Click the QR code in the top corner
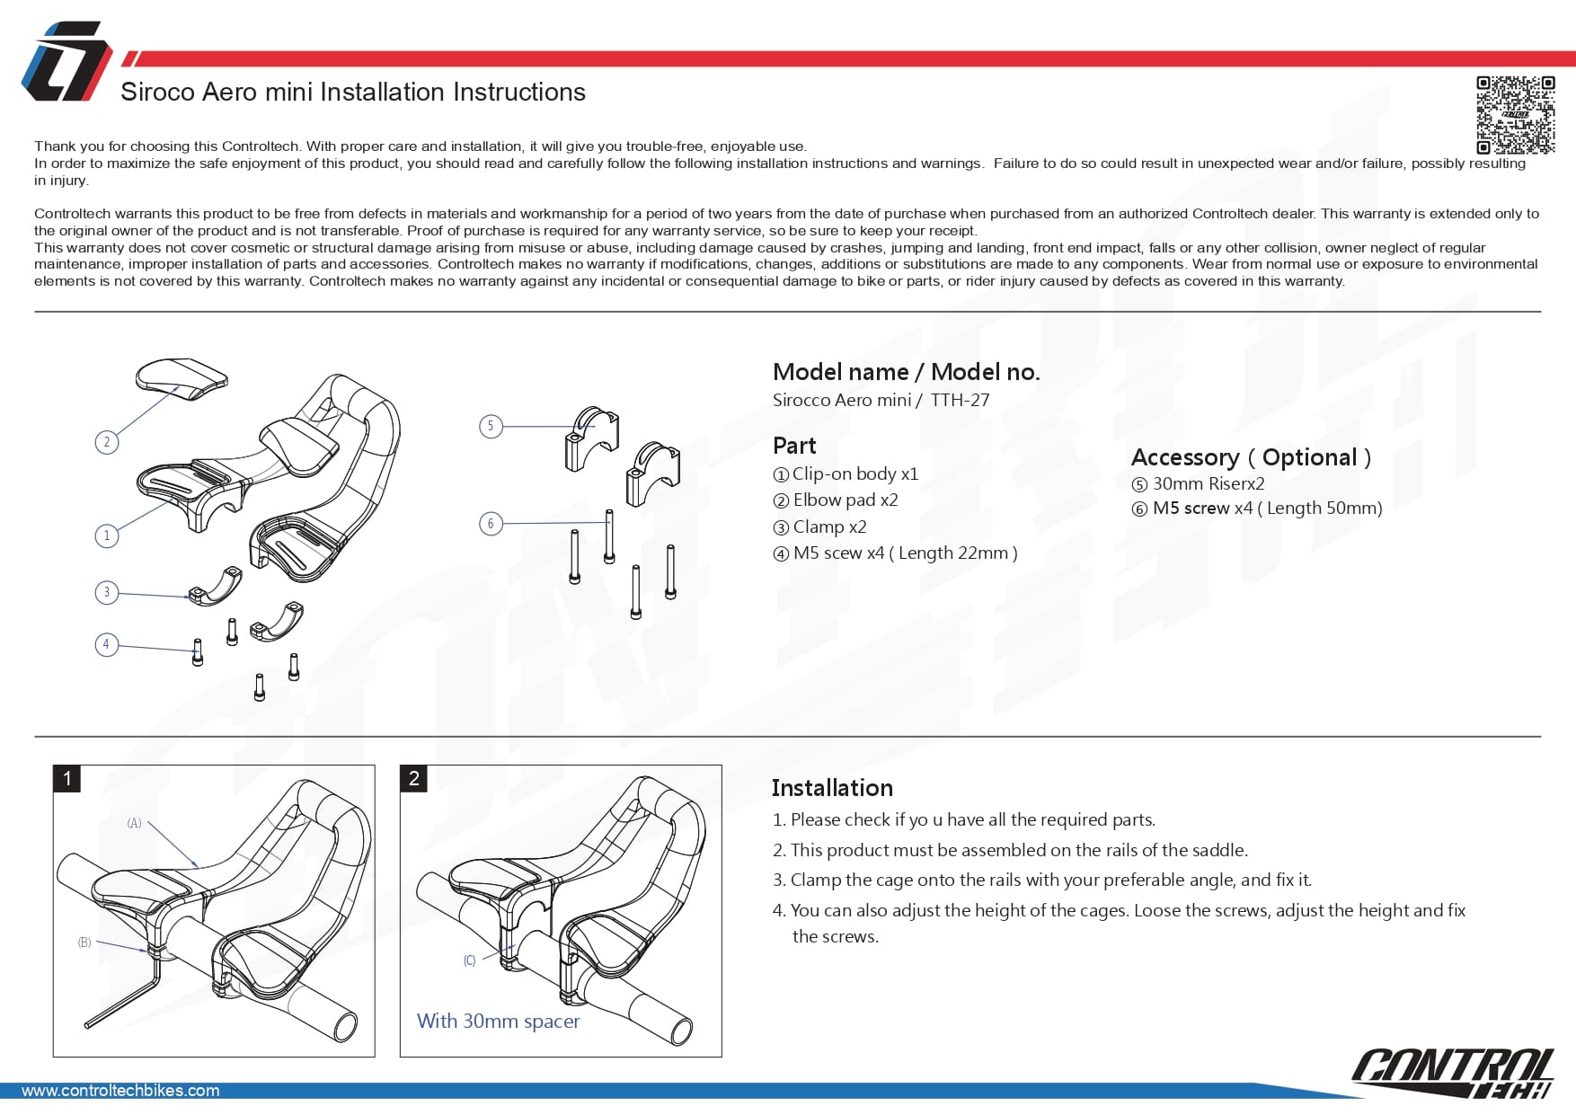click(1515, 115)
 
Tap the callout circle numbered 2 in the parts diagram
click(107, 442)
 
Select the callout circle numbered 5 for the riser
click(491, 426)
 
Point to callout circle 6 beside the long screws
click(491, 523)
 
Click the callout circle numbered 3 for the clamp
click(107, 592)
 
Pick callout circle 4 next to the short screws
click(107, 644)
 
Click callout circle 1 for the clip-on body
click(107, 535)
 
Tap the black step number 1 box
click(67, 778)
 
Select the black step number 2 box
click(414, 778)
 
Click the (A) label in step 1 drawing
click(134, 823)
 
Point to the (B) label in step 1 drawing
click(84, 942)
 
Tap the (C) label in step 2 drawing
click(469, 960)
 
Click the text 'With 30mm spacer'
click(498, 1021)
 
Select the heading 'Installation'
click(832, 788)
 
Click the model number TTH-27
click(960, 400)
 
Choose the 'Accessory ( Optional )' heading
click(1251, 457)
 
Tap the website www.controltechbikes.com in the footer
click(120, 1090)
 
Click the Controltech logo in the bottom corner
click(1452, 1071)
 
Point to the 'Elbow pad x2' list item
click(845, 500)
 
